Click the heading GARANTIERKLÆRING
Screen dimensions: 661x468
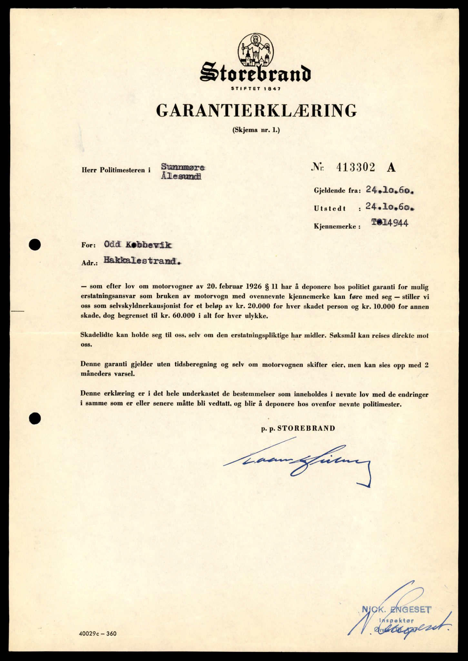(256, 110)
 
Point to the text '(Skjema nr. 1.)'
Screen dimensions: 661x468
(256, 130)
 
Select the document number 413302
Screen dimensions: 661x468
(355, 167)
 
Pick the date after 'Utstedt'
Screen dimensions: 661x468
(390, 208)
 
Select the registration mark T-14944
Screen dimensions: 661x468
(389, 223)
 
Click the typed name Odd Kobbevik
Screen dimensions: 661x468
(138, 245)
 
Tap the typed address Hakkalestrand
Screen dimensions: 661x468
(142, 261)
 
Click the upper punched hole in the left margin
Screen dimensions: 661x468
(35, 245)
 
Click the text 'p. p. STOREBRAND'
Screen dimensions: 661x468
(298, 428)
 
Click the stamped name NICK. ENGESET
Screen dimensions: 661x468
(396, 609)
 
